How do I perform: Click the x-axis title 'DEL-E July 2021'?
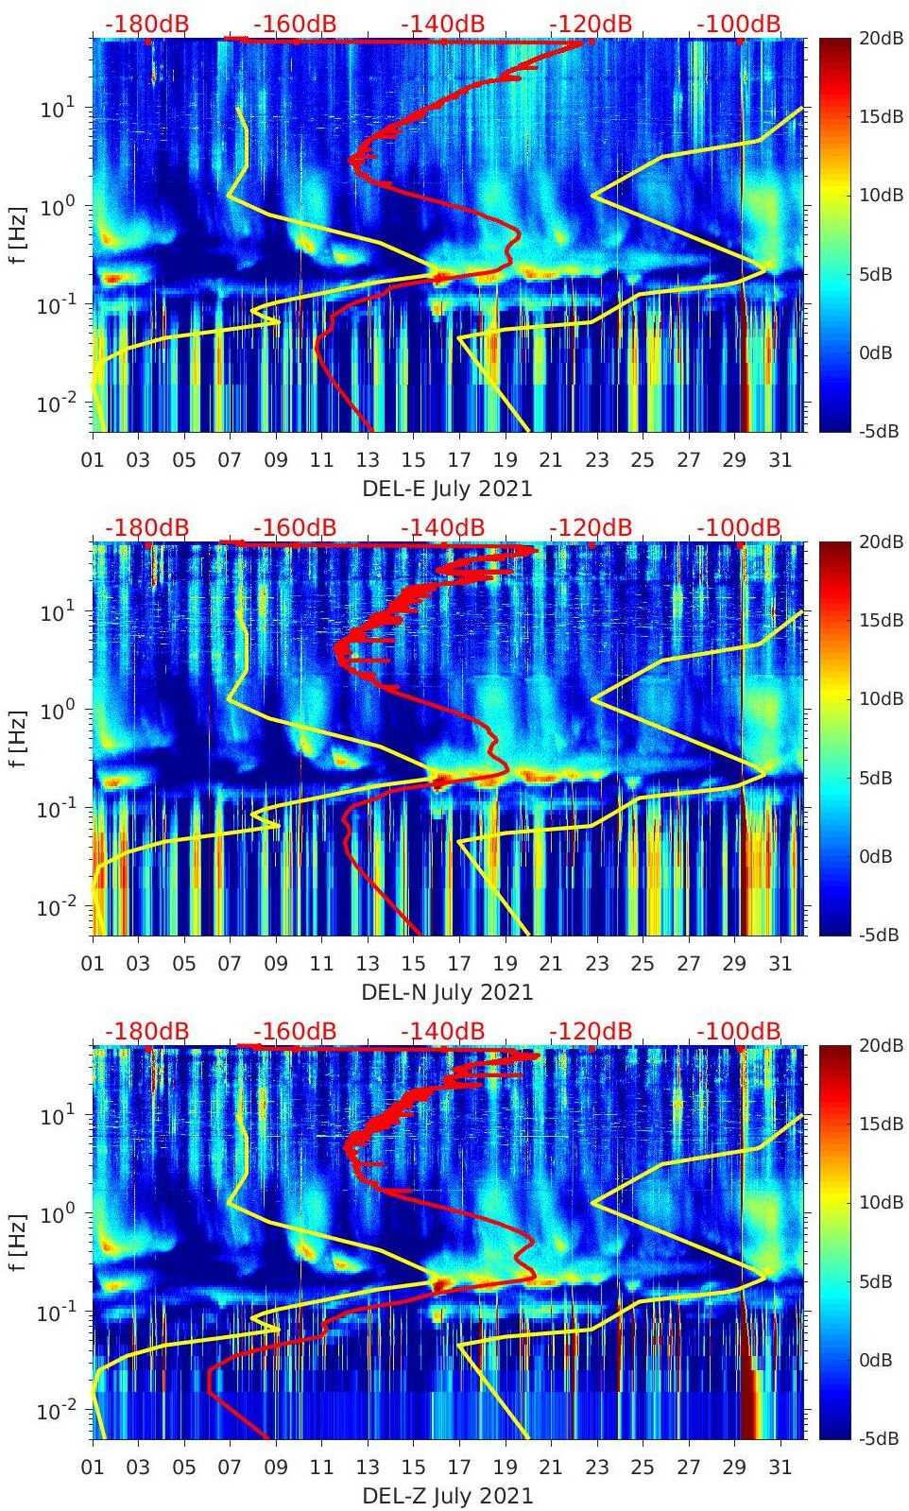click(x=447, y=489)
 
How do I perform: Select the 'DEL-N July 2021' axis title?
click(x=447, y=992)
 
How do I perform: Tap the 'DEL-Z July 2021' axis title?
click(x=447, y=1496)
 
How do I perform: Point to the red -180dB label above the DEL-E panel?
click(x=146, y=24)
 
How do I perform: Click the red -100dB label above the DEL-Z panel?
click(x=739, y=1031)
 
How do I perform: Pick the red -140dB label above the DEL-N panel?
click(x=442, y=527)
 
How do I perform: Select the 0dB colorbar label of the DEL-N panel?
click(x=875, y=856)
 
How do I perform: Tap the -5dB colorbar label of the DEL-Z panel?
click(x=877, y=1438)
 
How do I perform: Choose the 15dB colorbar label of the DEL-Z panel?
click(x=877, y=1124)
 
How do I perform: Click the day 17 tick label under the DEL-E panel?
click(x=459, y=460)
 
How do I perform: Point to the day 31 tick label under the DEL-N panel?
click(x=780, y=964)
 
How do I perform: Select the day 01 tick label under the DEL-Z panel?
click(x=93, y=1468)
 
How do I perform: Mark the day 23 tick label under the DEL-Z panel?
click(x=596, y=1468)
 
